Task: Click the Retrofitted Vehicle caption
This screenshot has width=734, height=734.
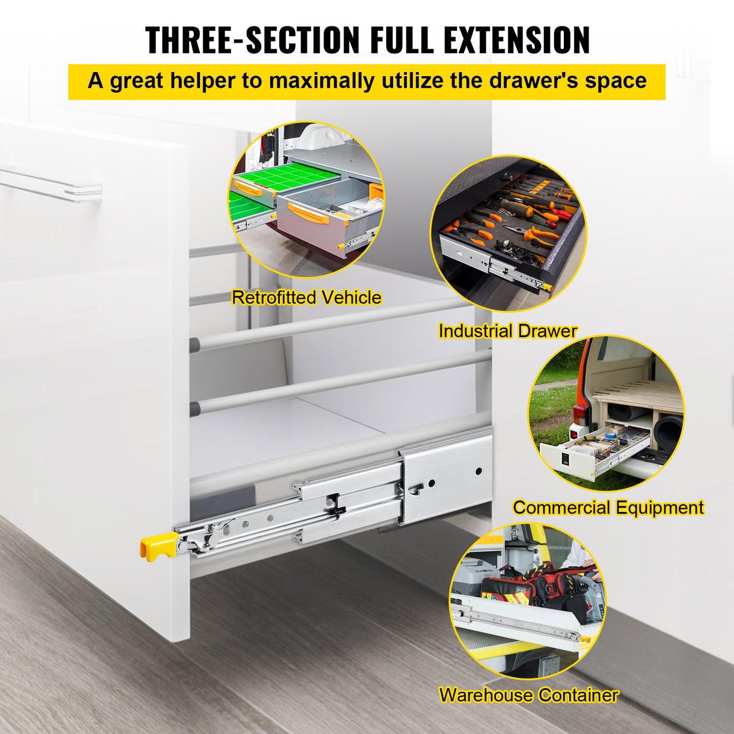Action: [306, 297]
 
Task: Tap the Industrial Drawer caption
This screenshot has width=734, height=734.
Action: [507, 331]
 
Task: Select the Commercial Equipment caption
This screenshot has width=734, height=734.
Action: [608, 507]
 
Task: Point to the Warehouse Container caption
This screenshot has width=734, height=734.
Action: [528, 695]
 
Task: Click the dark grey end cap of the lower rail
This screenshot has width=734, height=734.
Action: [195, 408]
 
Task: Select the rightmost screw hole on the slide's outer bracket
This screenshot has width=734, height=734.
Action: [478, 472]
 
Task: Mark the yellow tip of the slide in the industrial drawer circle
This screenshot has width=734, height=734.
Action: [547, 287]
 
